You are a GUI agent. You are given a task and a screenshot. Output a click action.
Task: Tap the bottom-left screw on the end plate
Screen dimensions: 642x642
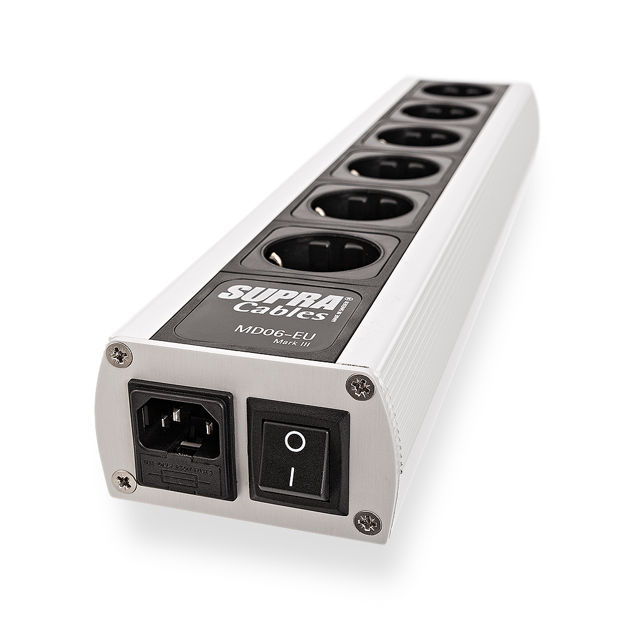click(x=124, y=481)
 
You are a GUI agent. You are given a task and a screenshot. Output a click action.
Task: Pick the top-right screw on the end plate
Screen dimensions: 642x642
click(x=360, y=386)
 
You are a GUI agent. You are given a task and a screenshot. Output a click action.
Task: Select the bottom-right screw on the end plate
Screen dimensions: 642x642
click(x=367, y=522)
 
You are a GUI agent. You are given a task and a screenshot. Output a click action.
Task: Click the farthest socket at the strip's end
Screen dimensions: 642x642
click(x=458, y=92)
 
